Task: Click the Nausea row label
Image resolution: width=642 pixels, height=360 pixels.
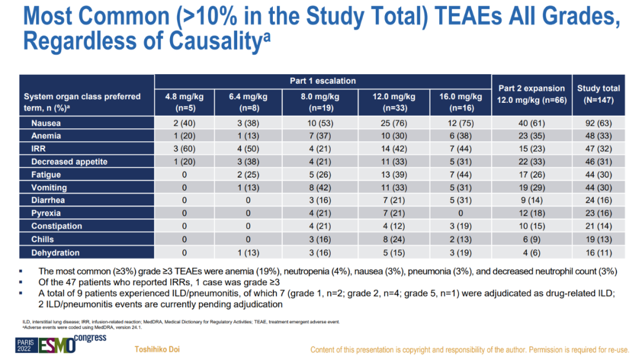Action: pyautogui.click(x=46, y=123)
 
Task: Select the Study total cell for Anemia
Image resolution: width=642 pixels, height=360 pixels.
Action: pyautogui.click(x=598, y=136)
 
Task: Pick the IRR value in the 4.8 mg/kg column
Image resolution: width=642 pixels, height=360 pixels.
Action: pyautogui.click(x=184, y=149)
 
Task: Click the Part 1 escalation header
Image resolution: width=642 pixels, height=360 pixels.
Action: pyautogui.click(x=323, y=81)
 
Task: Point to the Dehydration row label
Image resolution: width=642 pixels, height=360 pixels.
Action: pyautogui.click(x=55, y=252)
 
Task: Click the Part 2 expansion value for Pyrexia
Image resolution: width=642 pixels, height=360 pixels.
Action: pyautogui.click(x=531, y=213)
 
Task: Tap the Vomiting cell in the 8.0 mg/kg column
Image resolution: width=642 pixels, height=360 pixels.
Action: pyautogui.click(x=320, y=188)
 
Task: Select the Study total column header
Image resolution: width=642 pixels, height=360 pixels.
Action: pyautogui.click(x=598, y=94)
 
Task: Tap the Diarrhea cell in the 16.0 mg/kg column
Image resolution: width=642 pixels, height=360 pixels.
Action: pyautogui.click(x=461, y=201)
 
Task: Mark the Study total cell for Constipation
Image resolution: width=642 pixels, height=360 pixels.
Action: pyautogui.click(x=598, y=226)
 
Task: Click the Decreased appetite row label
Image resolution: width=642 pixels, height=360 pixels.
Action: pyautogui.click(x=69, y=162)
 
